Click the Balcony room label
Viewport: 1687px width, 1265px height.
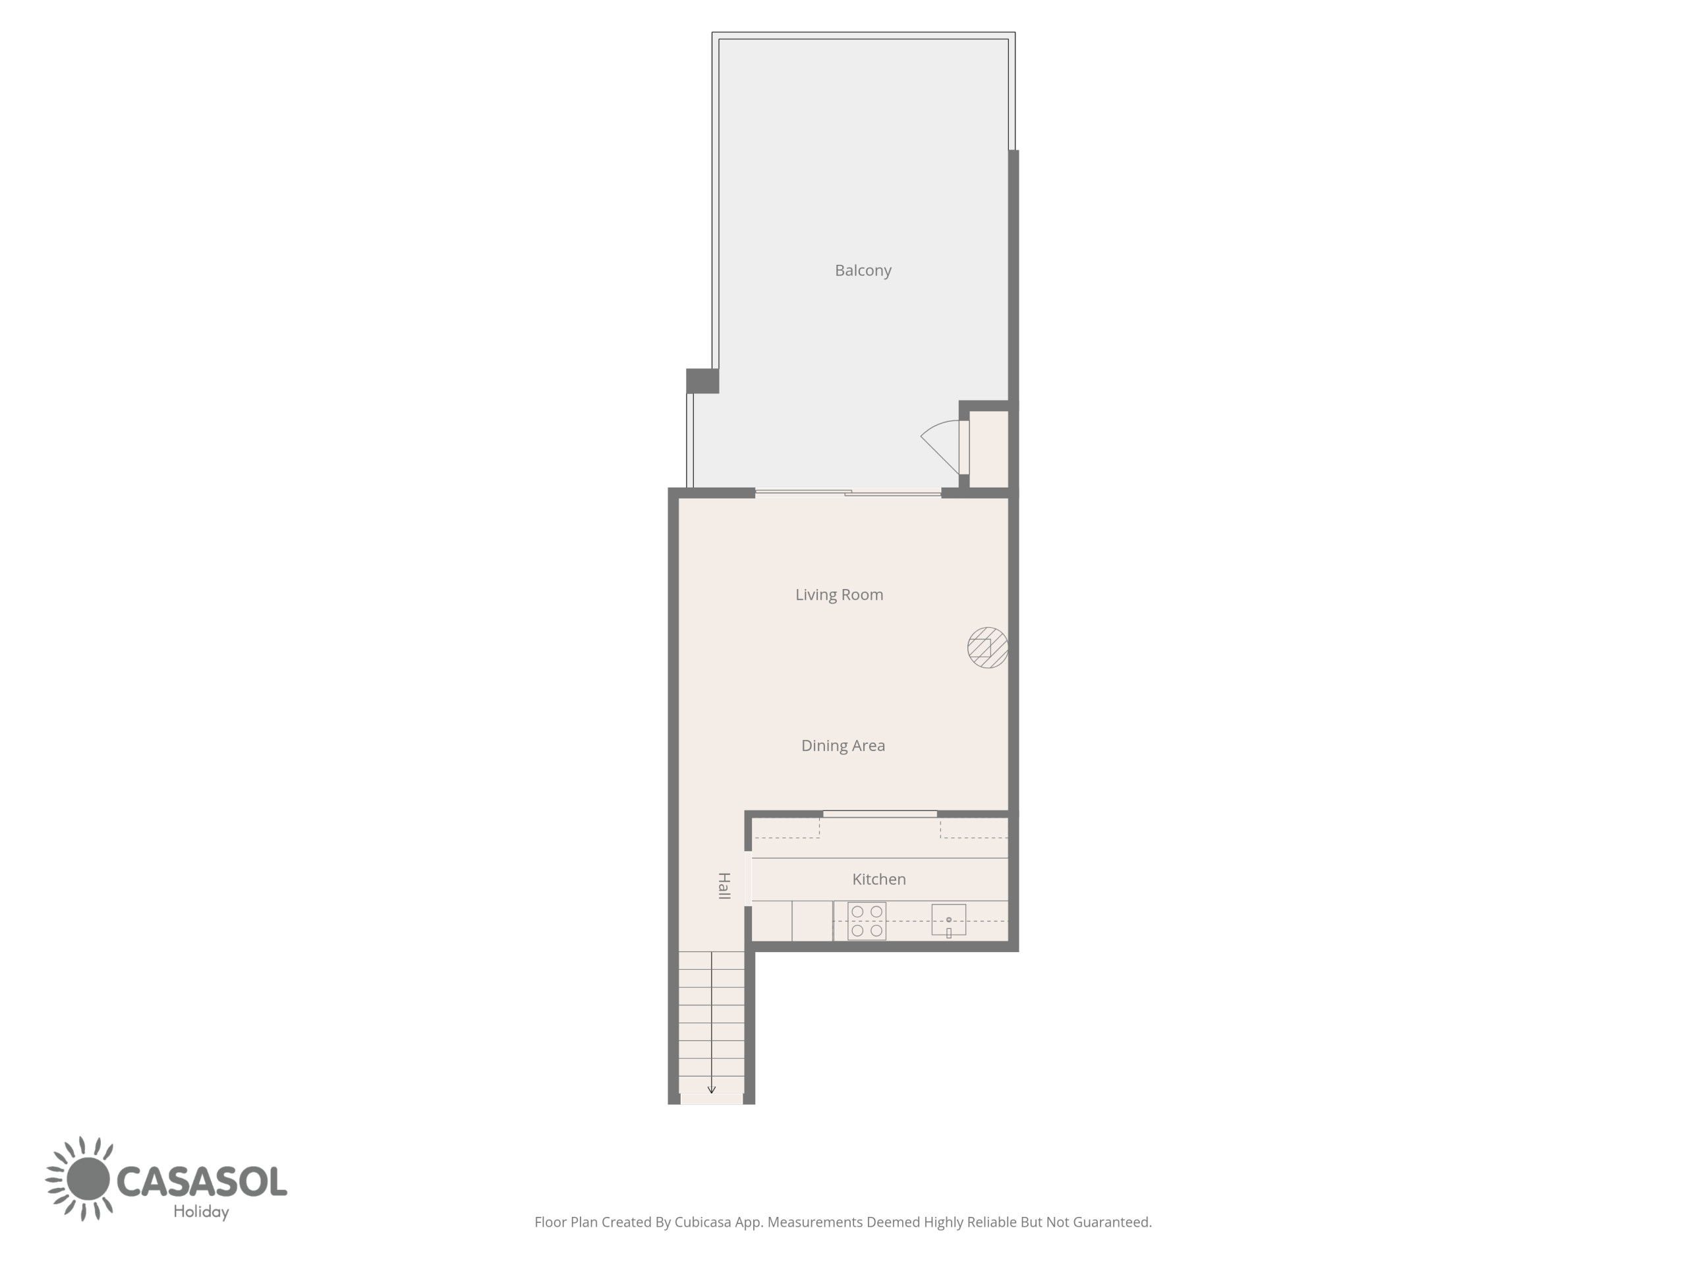tap(863, 271)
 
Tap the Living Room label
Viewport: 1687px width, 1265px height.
tap(839, 595)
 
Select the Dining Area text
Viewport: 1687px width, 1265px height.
tap(843, 746)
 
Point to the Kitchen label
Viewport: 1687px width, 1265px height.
tap(878, 879)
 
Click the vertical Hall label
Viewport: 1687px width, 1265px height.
tap(724, 886)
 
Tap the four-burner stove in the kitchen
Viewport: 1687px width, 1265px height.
tap(867, 921)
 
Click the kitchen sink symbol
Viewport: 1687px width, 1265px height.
tap(949, 920)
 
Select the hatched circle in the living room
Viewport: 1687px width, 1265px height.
tap(988, 648)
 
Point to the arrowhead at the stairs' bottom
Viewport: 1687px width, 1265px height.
tap(712, 1090)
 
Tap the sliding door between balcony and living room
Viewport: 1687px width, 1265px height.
tap(848, 493)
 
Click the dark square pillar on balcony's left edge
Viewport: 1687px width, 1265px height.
tap(702, 381)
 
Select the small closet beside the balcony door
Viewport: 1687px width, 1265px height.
tap(989, 449)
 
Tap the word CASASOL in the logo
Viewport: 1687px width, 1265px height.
tap(202, 1182)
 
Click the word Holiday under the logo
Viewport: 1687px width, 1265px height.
tap(202, 1212)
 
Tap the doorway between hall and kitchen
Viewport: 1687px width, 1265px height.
tap(748, 878)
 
